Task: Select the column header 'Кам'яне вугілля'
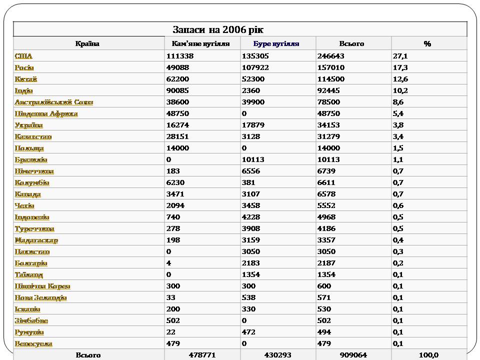[x=200, y=43]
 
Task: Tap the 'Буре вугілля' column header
[x=276, y=43]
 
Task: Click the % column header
[x=427, y=43]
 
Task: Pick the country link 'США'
[x=23, y=56]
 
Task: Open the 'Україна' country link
[x=29, y=125]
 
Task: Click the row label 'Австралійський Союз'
[x=54, y=102]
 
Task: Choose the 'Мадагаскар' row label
[x=36, y=240]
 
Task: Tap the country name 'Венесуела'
[x=33, y=343]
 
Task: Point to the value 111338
[x=179, y=56]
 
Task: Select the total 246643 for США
[x=330, y=56]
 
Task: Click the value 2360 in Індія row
[x=251, y=90]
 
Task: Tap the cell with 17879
[x=253, y=125]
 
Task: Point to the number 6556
[x=251, y=171]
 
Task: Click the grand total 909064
[x=353, y=355]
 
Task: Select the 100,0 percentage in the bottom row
[x=428, y=355]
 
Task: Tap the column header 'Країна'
[x=87, y=43]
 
